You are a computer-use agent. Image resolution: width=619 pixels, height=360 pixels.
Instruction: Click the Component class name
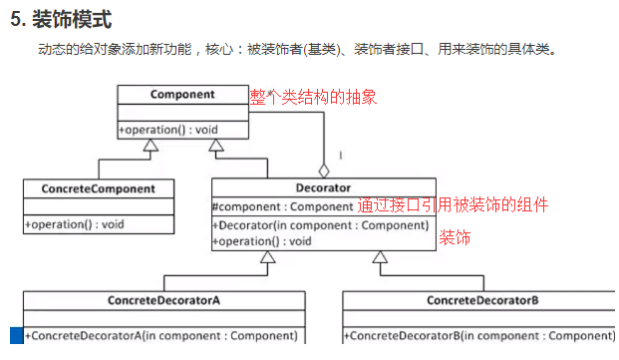point(182,95)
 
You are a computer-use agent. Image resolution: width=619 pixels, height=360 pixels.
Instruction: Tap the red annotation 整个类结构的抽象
point(314,98)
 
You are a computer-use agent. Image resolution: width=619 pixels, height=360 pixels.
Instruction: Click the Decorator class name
point(323,187)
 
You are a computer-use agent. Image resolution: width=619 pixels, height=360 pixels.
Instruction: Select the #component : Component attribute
point(283,206)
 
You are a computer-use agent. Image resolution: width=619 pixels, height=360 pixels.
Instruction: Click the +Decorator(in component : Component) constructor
point(319,224)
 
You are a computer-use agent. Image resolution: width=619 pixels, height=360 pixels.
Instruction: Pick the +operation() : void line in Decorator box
point(262,240)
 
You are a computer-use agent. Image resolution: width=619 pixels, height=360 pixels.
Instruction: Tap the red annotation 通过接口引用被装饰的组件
point(453,205)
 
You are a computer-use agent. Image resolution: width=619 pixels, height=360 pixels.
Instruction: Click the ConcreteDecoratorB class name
point(482,300)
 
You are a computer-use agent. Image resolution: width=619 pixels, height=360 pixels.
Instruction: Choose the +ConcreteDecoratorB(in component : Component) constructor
point(479,336)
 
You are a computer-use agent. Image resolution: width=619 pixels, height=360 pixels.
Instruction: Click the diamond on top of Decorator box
point(324,171)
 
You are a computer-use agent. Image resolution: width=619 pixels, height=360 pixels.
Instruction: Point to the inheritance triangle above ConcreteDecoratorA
point(267,258)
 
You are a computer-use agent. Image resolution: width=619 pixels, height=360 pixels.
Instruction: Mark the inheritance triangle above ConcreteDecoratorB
point(380,258)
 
